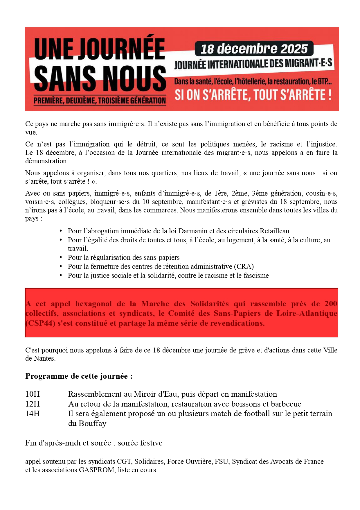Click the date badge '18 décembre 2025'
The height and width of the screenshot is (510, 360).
(254, 49)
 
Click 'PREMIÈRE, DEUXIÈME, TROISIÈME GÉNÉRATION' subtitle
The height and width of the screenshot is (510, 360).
(100, 101)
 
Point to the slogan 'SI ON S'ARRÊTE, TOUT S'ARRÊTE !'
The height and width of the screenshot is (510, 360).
(253, 95)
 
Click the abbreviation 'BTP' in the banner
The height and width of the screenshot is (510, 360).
(324, 82)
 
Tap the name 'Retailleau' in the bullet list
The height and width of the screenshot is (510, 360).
(274, 231)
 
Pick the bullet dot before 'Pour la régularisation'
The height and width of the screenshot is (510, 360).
(61, 257)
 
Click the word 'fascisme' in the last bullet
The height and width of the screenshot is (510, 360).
(256, 275)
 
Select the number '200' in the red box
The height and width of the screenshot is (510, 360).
(331, 304)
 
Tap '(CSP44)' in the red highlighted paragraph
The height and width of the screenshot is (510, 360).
(40, 323)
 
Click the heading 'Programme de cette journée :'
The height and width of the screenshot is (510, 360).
(79, 376)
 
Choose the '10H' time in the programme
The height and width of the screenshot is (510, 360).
(33, 394)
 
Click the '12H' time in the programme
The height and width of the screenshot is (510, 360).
(33, 404)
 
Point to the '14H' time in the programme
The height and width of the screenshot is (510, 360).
(33, 414)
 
